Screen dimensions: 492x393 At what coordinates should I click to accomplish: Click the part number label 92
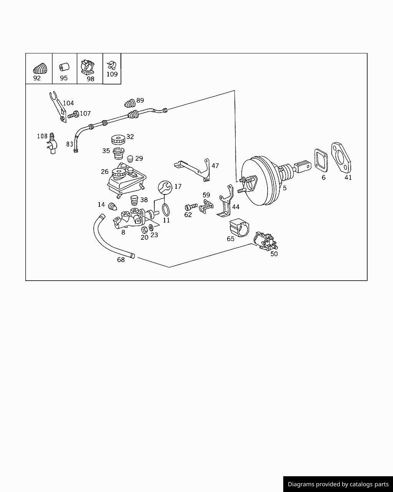click(x=37, y=78)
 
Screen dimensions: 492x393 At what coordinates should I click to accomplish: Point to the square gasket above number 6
click(x=321, y=160)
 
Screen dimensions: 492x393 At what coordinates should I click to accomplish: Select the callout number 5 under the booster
click(x=284, y=188)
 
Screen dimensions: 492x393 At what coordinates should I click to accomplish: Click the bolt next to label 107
click(x=73, y=114)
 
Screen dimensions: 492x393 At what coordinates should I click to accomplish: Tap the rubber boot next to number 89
click(x=130, y=103)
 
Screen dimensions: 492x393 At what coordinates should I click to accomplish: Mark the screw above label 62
click(x=191, y=206)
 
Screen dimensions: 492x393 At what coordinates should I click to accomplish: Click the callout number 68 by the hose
click(x=121, y=260)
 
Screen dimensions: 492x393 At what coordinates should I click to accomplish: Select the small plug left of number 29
click(x=130, y=158)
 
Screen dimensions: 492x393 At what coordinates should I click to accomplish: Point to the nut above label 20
click(x=145, y=229)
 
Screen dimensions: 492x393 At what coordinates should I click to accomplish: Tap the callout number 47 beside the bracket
click(x=215, y=166)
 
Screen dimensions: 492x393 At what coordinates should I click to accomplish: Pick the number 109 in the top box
click(x=112, y=74)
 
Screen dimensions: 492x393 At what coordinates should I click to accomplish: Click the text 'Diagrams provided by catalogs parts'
click(x=338, y=484)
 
